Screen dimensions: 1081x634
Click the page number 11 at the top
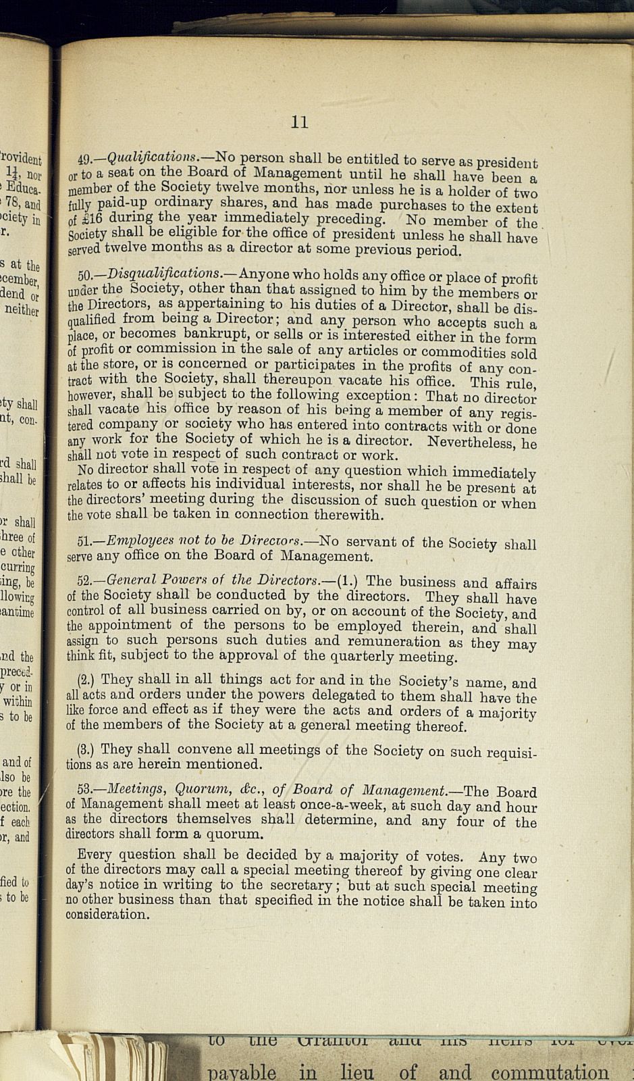pyautogui.click(x=300, y=122)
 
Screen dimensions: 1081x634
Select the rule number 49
pyautogui.click(x=86, y=161)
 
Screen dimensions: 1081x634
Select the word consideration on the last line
pyautogui.click(x=107, y=915)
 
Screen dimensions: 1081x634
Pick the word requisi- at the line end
pyautogui.click(x=504, y=752)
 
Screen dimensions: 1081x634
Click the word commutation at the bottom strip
pyautogui.click(x=550, y=1072)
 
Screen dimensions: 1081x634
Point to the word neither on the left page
pyautogui.click(x=22, y=310)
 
